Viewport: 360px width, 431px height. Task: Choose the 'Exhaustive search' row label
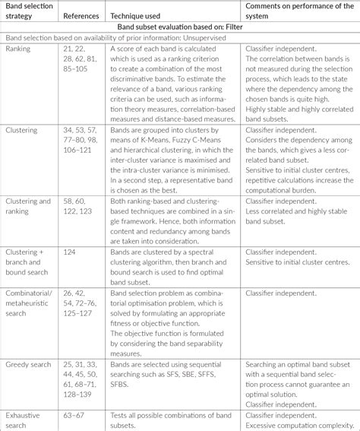(24, 419)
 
